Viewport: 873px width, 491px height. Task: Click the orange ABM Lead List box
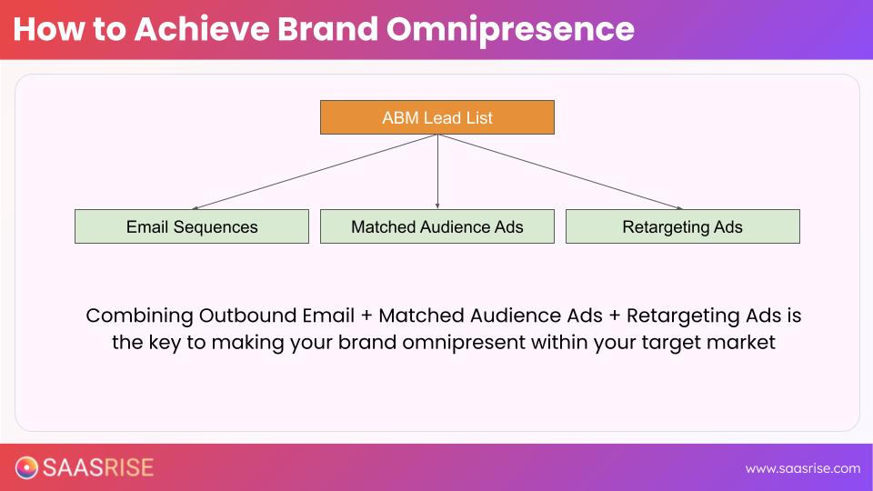point(436,117)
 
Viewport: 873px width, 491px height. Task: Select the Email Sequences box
point(192,226)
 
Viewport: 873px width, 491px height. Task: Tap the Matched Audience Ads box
point(436,226)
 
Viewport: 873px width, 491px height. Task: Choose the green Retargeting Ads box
point(682,226)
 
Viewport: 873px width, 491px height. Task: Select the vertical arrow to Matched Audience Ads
point(437,172)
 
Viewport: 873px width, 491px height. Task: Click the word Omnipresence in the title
point(510,29)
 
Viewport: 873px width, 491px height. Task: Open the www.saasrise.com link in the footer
point(802,468)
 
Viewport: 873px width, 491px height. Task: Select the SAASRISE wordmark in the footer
point(99,467)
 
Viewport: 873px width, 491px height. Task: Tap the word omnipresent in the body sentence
point(443,344)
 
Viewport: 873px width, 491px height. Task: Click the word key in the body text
point(169,344)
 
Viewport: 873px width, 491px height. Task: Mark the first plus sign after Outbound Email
point(366,316)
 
